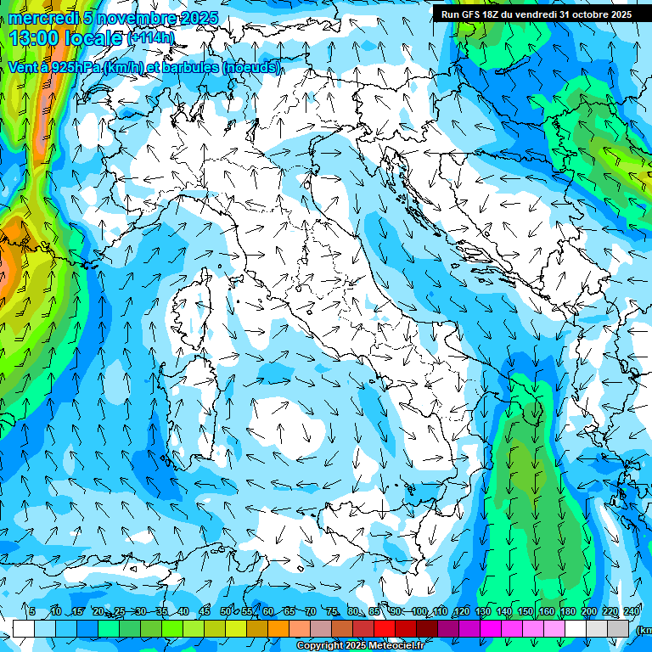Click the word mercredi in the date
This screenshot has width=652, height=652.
pyautogui.click(x=43, y=18)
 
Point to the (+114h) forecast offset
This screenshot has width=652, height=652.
pyautogui.click(x=150, y=37)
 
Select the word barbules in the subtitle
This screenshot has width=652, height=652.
pyautogui.click(x=191, y=67)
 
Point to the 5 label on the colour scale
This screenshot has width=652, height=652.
pyautogui.click(x=32, y=611)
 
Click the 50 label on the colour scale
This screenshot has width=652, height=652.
pyautogui.click(x=225, y=611)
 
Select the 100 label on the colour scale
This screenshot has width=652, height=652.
pyautogui.click(x=419, y=611)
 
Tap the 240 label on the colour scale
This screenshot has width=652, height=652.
pyautogui.click(x=632, y=611)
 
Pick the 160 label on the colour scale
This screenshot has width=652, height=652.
pyautogui.click(x=547, y=611)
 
